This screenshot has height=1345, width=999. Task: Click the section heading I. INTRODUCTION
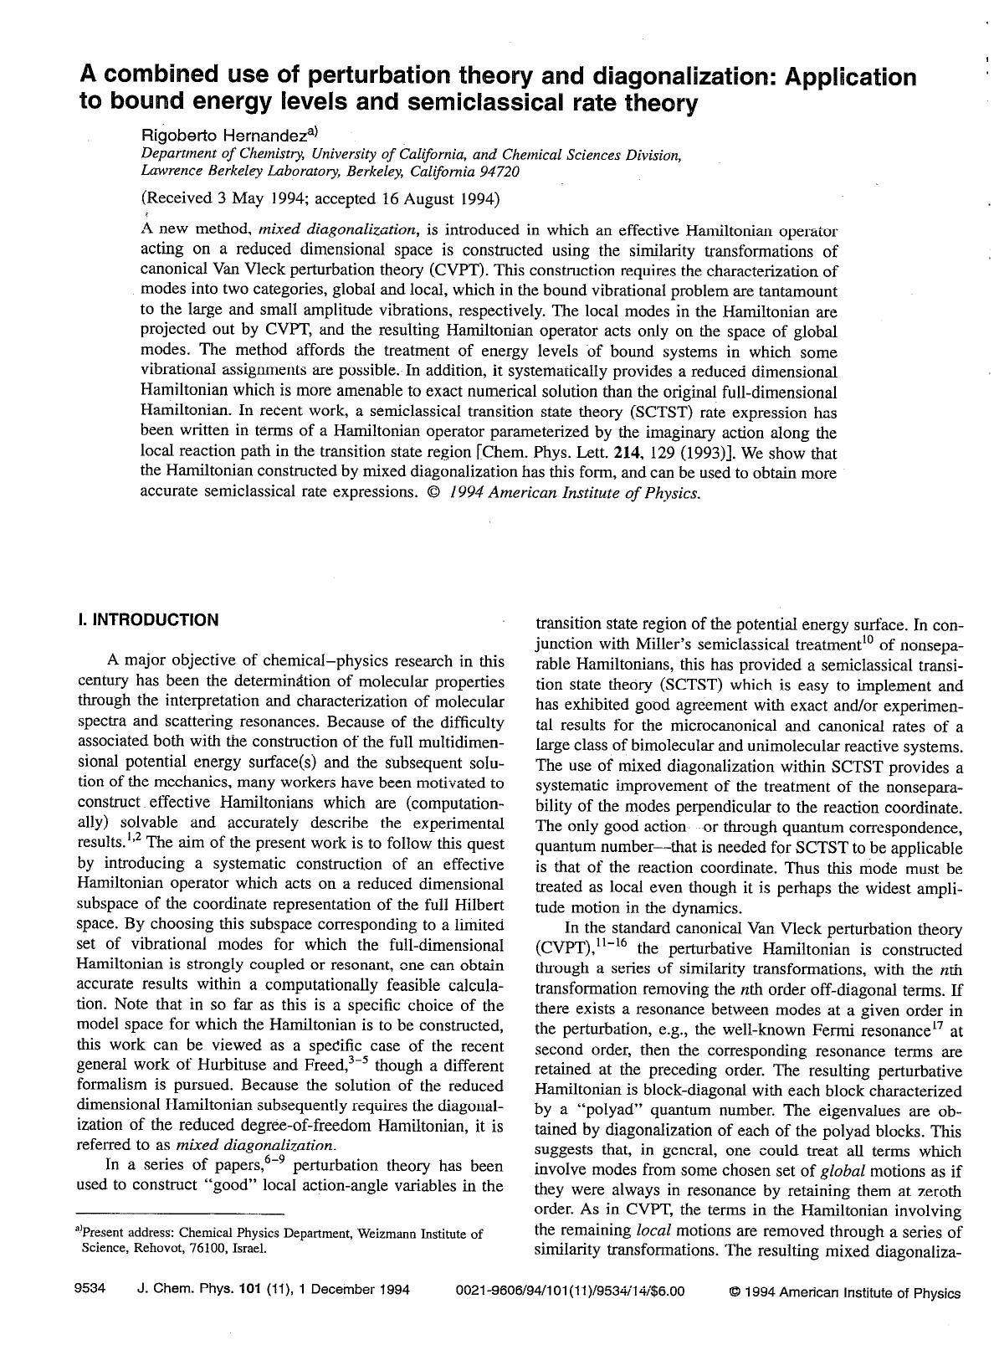pos(147,620)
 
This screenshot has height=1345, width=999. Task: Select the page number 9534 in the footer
pos(90,1291)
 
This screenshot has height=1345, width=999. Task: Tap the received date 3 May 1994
pos(244,199)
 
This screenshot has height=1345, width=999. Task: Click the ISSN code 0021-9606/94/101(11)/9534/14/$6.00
pos(570,1291)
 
